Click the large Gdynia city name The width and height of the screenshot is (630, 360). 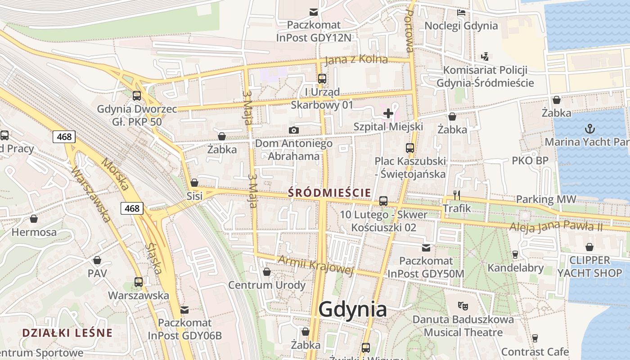point(352,310)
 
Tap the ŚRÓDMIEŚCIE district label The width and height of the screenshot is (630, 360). point(330,193)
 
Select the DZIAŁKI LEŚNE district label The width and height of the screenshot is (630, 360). point(67,333)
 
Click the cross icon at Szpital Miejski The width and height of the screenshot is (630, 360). point(388,113)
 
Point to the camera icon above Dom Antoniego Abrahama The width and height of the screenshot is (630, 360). point(293,130)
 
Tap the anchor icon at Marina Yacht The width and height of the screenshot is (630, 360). point(589,129)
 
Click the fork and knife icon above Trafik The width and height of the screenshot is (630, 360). point(457,195)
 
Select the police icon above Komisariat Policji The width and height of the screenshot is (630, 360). point(485,57)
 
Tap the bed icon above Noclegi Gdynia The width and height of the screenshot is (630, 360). point(461,13)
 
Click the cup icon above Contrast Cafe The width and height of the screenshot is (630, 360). point(535,338)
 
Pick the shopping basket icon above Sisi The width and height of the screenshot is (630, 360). point(194,183)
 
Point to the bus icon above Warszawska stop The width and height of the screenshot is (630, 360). point(139,282)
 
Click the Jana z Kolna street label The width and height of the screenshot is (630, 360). point(356,60)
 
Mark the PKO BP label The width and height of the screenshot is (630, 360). point(530,161)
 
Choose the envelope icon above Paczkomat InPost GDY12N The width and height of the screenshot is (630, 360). point(313,12)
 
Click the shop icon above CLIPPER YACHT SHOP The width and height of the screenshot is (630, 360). point(589,247)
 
